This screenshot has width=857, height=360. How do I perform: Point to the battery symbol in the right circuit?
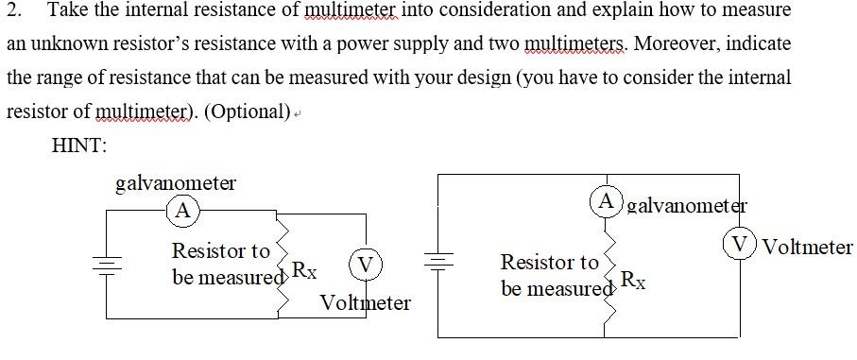[439, 259]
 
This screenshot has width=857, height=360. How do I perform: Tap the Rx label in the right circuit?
[634, 280]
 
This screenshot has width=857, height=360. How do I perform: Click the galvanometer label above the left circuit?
[175, 183]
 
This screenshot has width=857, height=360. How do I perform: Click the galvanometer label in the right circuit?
[687, 204]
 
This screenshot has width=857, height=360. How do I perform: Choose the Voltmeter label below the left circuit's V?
[366, 303]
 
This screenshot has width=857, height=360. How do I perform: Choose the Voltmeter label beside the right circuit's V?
[807, 248]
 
